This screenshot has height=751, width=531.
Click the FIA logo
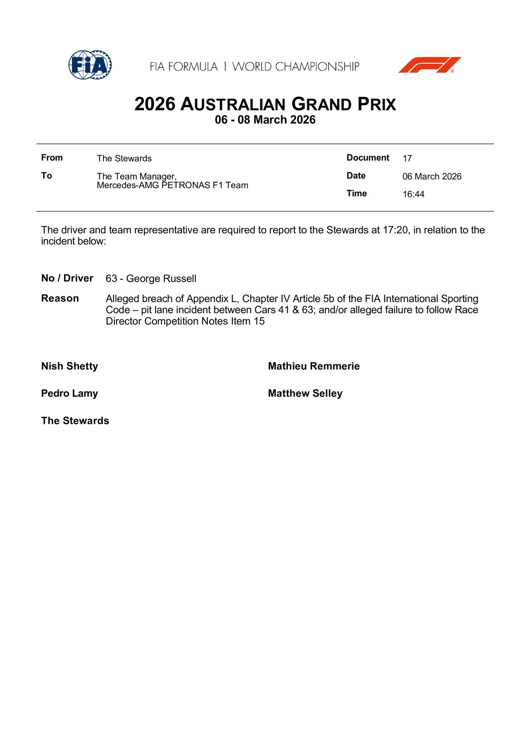pyautogui.click(x=90, y=65)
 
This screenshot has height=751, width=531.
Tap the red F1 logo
pyautogui.click(x=429, y=65)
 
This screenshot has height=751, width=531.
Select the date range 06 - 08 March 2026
pyautogui.click(x=265, y=120)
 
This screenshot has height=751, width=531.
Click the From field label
pyautogui.click(x=52, y=158)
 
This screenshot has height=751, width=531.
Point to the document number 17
pyautogui.click(x=407, y=158)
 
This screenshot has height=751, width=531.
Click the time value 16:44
pyautogui.click(x=413, y=194)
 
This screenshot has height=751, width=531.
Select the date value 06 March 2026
pyautogui.click(x=432, y=176)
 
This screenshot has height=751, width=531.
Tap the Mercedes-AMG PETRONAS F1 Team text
pyautogui.click(x=172, y=185)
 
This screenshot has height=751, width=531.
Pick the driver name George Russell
pyautogui.click(x=161, y=278)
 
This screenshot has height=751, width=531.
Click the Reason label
pyautogui.click(x=60, y=298)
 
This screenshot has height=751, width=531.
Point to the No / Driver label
pyautogui.click(x=67, y=278)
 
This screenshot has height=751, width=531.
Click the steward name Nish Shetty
pyautogui.click(x=69, y=366)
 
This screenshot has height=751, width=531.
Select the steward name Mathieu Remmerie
pyautogui.click(x=314, y=366)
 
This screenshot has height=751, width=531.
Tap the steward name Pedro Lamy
pyautogui.click(x=69, y=393)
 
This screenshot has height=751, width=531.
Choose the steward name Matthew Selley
pyautogui.click(x=305, y=393)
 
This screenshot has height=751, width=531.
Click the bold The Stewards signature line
pyautogui.click(x=75, y=421)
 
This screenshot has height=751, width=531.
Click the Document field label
pyautogui.click(x=368, y=158)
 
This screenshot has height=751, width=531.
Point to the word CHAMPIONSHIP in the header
pyautogui.click(x=317, y=67)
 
